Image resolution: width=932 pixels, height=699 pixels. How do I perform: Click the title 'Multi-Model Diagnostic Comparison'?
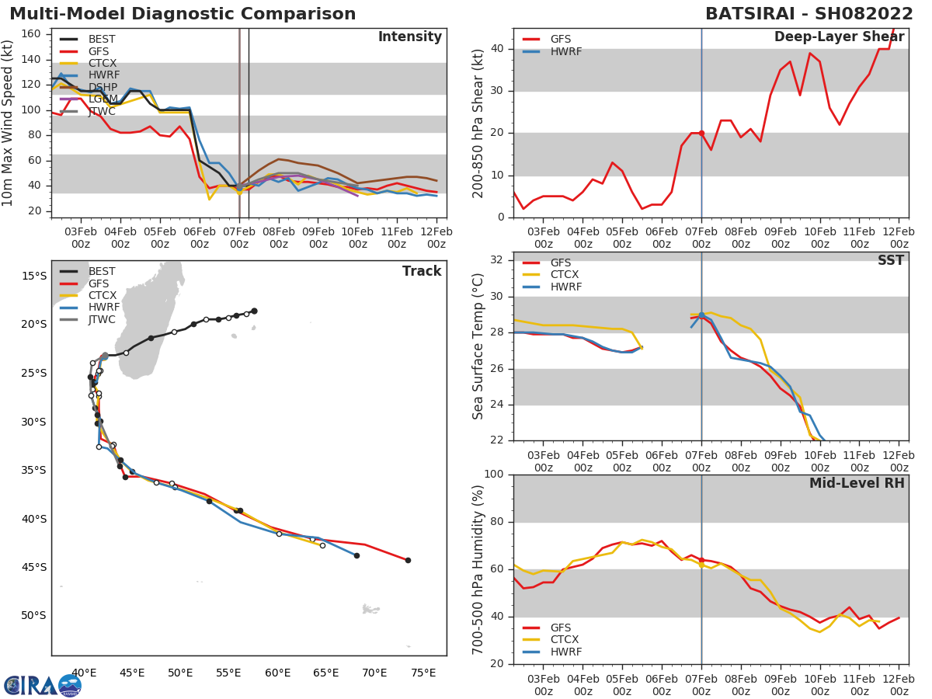183,14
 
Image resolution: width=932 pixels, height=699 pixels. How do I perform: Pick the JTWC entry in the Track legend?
102,319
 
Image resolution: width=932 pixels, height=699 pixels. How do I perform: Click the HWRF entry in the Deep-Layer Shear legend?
565,51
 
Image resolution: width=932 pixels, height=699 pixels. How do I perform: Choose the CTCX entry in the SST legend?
565,274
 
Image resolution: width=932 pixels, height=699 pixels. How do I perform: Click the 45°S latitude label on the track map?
33,567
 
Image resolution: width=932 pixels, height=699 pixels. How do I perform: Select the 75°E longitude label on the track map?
423,673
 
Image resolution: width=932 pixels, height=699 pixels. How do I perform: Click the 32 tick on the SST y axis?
500,260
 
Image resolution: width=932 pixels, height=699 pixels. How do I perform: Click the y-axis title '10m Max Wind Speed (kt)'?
9,123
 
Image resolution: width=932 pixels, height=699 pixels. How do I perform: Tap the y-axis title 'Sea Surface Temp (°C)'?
478,346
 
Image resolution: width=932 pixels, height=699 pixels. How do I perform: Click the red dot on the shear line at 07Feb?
701,134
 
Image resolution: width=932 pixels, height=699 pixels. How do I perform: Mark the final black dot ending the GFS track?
408,560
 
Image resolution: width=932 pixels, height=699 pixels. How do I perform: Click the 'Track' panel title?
421,271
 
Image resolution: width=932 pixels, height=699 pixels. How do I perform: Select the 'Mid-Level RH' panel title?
857,483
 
